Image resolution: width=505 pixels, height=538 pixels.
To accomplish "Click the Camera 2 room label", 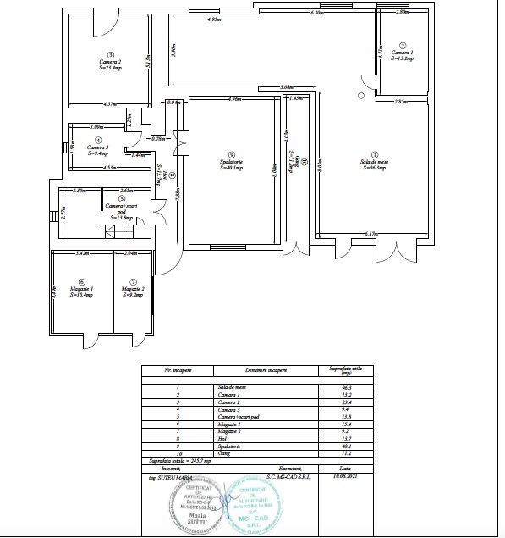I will (109, 63).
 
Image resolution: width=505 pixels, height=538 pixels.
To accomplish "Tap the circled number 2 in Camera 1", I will (403, 45).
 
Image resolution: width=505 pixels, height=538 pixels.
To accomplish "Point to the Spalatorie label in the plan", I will (231, 164).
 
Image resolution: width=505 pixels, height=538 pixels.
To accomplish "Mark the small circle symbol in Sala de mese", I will (361, 96).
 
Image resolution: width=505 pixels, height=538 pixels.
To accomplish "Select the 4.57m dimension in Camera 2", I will (109, 103).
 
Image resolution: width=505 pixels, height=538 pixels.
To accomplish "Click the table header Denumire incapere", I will (266, 370).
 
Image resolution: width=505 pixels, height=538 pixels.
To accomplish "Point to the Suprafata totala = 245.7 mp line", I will (177, 460).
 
